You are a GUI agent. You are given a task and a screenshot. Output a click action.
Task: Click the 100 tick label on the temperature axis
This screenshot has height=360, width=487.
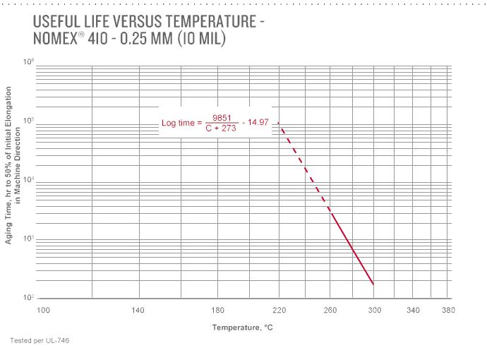pos(43,311)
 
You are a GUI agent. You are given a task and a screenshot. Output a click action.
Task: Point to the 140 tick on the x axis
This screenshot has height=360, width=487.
pos(138,311)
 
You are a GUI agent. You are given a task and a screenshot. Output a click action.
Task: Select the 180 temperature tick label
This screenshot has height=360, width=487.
pos(217,311)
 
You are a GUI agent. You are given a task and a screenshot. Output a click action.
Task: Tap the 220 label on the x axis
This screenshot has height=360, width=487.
pos(279,311)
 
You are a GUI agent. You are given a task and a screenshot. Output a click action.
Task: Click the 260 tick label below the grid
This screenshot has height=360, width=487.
pos(330,311)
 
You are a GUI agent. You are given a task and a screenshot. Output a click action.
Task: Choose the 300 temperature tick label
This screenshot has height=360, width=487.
pos(374,311)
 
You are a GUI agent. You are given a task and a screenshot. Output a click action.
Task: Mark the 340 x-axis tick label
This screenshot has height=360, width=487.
pos(414,311)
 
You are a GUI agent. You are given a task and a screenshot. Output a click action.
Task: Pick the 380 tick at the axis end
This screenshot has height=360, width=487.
pos(448,311)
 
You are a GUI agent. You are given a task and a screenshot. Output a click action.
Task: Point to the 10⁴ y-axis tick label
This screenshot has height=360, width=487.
pos(29,180)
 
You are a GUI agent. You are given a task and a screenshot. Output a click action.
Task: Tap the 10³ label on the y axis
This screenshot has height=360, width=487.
pos(29,239)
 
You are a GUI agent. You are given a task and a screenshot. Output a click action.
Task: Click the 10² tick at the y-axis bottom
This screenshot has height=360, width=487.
pos(29,297)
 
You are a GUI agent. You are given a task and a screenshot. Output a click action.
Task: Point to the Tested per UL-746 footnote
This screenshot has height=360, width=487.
pos(40,341)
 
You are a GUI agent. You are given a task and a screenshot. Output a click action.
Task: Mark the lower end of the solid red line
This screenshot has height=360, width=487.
pos(373,284)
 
